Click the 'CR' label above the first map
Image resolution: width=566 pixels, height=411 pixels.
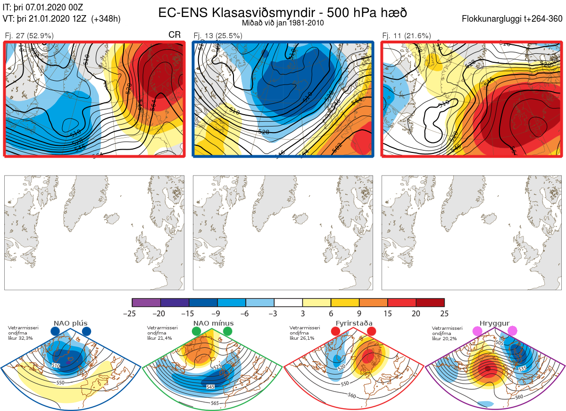click(175, 35)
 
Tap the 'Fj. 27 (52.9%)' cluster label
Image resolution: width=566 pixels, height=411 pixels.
click(29, 35)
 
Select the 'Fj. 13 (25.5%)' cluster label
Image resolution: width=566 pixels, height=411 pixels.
click(218, 35)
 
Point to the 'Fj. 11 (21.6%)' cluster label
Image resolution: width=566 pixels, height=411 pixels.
click(407, 35)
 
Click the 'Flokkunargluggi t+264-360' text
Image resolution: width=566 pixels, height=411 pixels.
click(513, 19)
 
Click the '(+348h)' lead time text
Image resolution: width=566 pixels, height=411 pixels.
click(107, 19)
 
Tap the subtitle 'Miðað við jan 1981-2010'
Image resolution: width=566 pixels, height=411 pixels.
click(283, 23)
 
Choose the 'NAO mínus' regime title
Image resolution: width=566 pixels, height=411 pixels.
click(213, 323)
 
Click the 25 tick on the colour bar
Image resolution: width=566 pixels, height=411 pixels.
click(444, 313)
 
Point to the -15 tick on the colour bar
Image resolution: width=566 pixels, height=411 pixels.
click(189, 313)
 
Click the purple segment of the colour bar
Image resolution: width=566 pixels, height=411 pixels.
click(146, 302)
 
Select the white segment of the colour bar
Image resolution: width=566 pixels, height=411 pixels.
click(288, 302)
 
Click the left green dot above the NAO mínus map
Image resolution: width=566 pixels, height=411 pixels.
click(196, 332)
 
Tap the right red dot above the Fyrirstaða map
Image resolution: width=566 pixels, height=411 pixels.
click(371, 332)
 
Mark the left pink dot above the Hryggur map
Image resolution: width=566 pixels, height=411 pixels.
click(477, 332)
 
